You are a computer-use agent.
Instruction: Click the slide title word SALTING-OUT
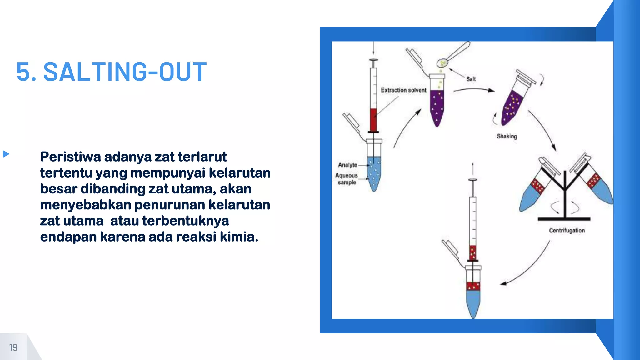[x=125, y=72]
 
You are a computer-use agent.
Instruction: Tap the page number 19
[x=13, y=347]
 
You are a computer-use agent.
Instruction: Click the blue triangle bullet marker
[x=6, y=154]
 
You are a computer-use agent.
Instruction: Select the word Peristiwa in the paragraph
[x=71, y=157]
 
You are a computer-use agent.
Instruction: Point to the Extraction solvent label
[x=403, y=90]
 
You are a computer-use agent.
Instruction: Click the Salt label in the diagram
[x=471, y=79]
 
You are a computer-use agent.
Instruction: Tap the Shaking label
[x=507, y=136]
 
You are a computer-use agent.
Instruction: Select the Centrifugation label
[x=567, y=231]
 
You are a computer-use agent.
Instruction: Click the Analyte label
[x=347, y=165]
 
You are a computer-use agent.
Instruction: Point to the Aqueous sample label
[x=347, y=179]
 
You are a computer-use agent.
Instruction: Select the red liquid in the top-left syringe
[x=373, y=119]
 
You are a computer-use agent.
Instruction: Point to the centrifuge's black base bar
[x=564, y=219]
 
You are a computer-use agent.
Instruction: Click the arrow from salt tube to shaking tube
[x=473, y=90]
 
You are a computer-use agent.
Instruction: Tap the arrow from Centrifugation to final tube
[x=528, y=269]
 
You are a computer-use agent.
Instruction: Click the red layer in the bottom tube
[x=473, y=286]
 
